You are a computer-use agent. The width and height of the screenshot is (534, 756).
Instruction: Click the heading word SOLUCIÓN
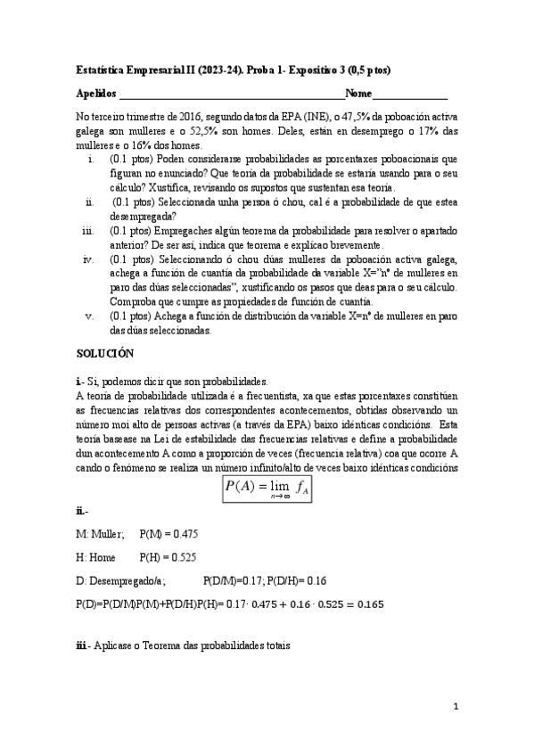click(x=104, y=354)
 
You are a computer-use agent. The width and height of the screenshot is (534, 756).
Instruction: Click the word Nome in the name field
click(x=359, y=94)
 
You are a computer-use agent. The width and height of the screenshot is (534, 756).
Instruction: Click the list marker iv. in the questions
click(x=88, y=259)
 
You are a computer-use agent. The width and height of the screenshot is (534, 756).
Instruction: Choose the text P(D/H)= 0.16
click(x=300, y=579)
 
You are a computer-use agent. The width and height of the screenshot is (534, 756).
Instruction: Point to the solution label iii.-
click(x=84, y=645)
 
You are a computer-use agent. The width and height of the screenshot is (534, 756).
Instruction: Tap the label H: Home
click(x=97, y=556)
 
